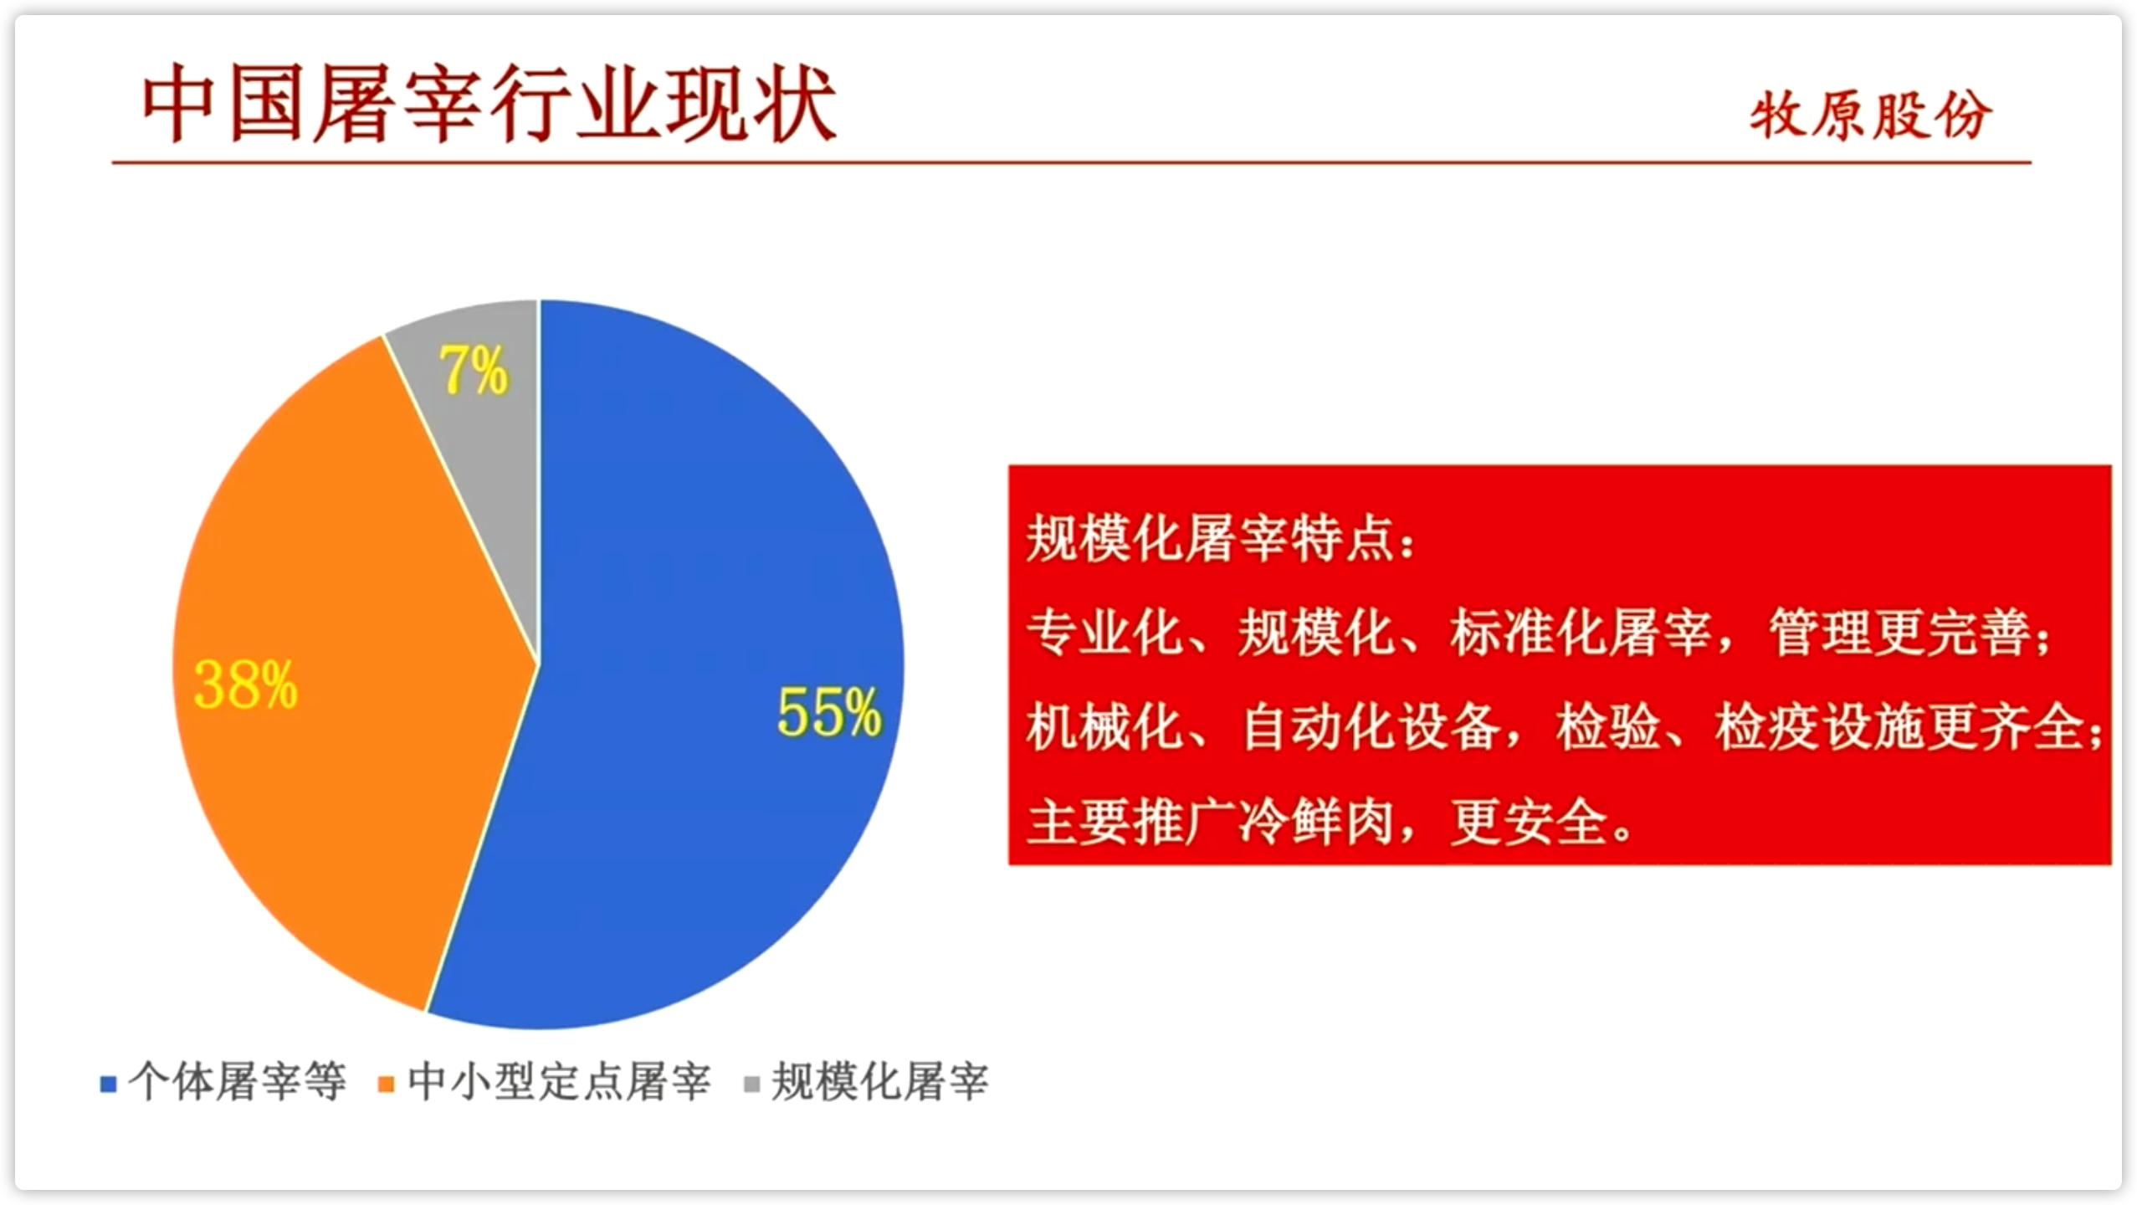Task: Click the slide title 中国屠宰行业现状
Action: [489, 105]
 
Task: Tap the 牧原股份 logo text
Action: [1871, 115]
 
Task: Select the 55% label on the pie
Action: [829, 712]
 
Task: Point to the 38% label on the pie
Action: [245, 685]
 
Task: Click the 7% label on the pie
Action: [474, 370]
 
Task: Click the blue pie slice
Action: [711, 669]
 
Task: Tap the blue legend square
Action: [108, 1084]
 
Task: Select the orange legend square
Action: [387, 1084]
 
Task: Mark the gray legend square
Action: [752, 1084]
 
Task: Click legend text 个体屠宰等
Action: [237, 1082]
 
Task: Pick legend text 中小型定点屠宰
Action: [559, 1082]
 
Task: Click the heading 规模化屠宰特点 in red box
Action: [1210, 538]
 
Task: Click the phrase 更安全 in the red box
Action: [1529, 822]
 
